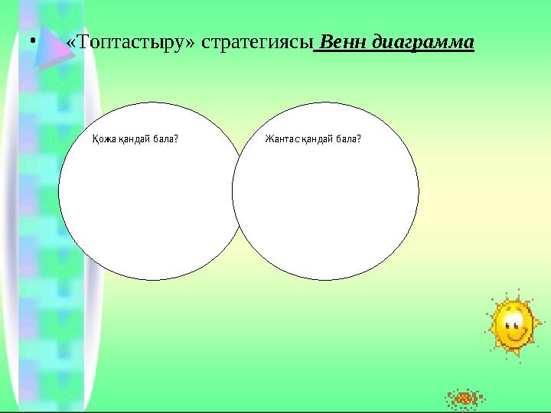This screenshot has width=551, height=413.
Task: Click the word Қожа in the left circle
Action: pos(101,140)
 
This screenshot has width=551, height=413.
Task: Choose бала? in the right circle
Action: pos(348,140)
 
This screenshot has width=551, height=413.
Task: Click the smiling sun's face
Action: pos(512,324)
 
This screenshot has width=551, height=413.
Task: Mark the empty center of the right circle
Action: pos(325,199)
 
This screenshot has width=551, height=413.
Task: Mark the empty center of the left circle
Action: pos(145,199)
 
